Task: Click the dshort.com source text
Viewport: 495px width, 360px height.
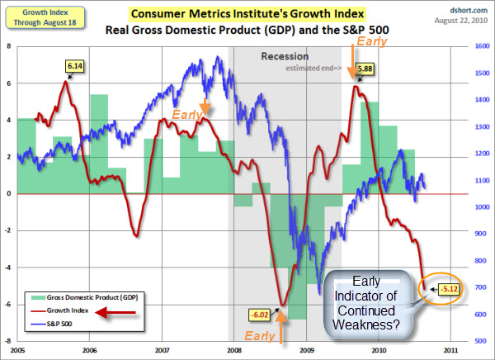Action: [x=468, y=7]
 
